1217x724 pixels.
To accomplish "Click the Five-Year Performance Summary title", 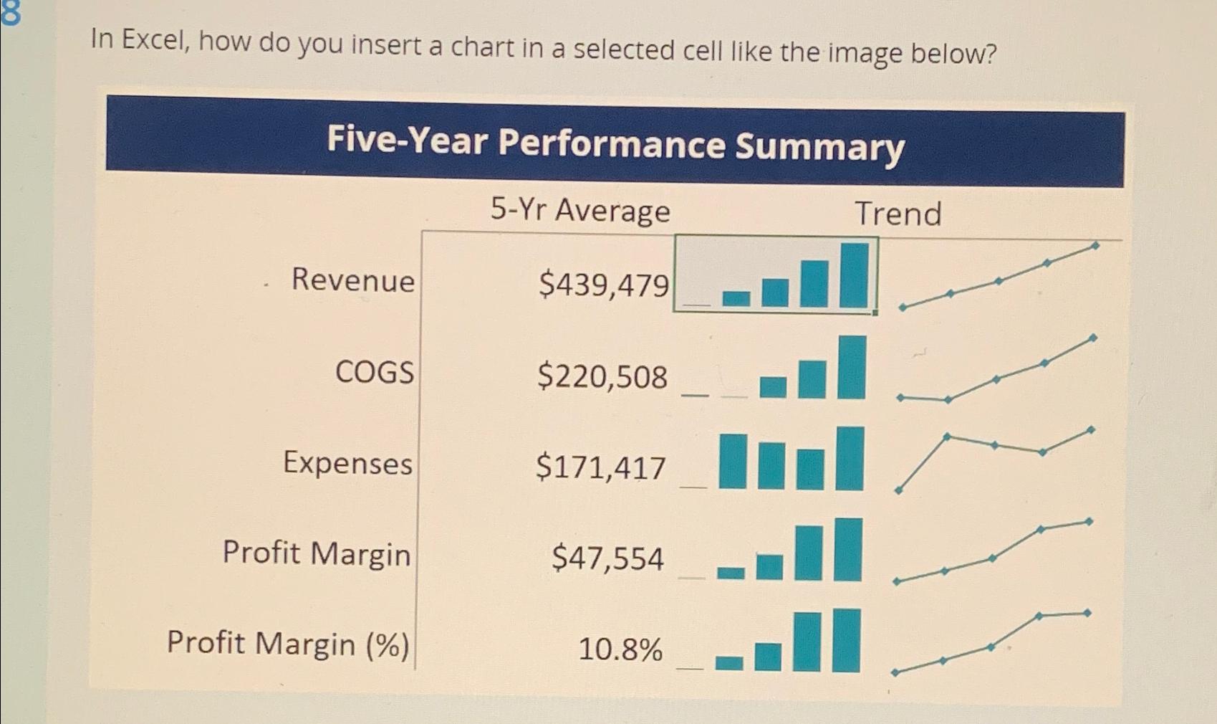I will point(615,143).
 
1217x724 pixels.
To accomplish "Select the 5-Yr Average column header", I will point(580,211).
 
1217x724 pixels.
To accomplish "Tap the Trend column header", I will point(898,214).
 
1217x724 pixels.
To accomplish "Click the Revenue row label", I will point(352,280).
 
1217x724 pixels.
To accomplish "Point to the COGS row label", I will point(375,372).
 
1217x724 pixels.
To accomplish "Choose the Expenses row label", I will point(347,463).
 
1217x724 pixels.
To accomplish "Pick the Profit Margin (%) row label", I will point(288,643).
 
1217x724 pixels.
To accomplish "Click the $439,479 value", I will point(603,285).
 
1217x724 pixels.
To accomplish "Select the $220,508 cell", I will point(602,377).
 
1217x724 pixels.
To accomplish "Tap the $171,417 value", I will point(600,468).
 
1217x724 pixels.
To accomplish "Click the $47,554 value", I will point(607,558).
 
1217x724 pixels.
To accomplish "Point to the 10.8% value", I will point(620,650).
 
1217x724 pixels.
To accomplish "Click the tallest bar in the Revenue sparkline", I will point(854,275).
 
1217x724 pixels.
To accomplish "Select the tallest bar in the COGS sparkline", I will point(851,368).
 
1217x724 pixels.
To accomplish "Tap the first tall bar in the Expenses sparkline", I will point(733,461).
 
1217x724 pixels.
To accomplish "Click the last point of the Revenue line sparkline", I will point(1095,246).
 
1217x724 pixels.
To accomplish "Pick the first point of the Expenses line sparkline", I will point(898,490).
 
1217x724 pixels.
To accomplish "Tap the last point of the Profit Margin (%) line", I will point(1087,613).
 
